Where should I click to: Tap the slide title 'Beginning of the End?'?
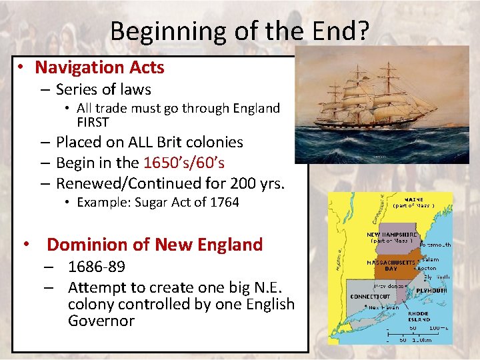239,31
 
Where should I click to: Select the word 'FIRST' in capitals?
93,122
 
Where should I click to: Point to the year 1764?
223,202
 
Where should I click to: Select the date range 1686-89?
96,267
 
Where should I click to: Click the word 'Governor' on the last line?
101,321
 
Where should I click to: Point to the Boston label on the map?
427,268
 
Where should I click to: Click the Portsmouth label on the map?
434,245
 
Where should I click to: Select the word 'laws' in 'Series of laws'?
136,89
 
